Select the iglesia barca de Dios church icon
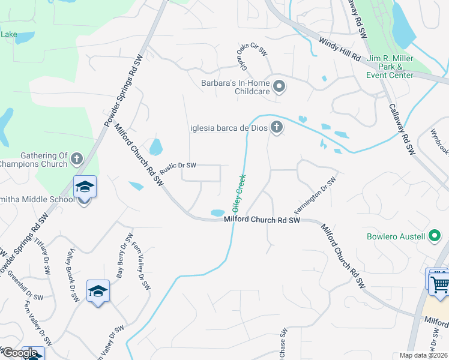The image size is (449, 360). click(276, 127)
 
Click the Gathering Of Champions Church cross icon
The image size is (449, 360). click(76, 159)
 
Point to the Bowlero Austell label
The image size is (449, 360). click(396, 236)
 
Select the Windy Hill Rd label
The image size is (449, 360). click(339, 49)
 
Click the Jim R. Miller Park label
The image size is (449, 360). click(390, 66)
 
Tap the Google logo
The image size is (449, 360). click(20, 353)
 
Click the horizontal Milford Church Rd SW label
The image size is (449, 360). click(262, 220)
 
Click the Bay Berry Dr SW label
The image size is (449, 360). click(122, 256)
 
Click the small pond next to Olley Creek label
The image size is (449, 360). click(217, 212)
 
